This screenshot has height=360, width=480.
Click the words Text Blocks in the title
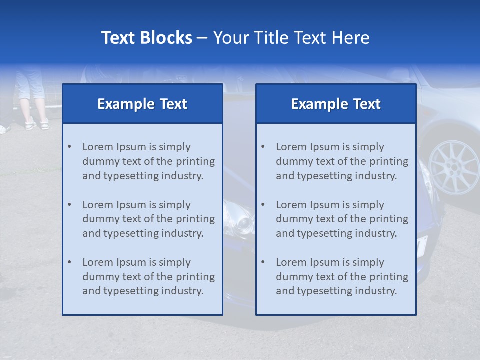(x=146, y=38)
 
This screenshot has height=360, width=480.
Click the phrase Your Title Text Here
(x=291, y=38)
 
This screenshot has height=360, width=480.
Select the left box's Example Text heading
(x=142, y=104)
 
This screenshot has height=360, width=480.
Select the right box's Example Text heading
(x=336, y=104)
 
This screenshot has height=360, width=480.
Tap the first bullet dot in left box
(x=69, y=147)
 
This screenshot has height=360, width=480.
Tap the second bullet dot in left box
(x=69, y=205)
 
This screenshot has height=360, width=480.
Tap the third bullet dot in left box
(x=69, y=262)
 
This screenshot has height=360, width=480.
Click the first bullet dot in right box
(x=263, y=147)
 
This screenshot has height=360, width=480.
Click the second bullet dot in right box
(x=263, y=205)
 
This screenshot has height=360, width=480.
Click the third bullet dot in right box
(x=263, y=262)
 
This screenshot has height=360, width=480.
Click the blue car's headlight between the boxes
(x=239, y=217)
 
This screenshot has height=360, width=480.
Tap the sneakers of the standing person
(x=37, y=123)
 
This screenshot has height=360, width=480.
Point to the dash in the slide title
(x=202, y=38)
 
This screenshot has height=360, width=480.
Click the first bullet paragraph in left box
(x=148, y=161)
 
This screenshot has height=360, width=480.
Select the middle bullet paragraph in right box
(x=342, y=219)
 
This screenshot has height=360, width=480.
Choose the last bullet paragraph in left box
(x=148, y=277)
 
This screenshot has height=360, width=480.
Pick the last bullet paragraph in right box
(x=342, y=277)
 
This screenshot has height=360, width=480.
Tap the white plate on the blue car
(x=422, y=245)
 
